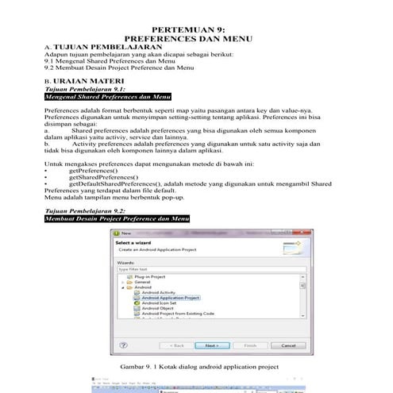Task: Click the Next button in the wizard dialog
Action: coord(212,345)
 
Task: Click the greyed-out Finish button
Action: coord(249,345)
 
